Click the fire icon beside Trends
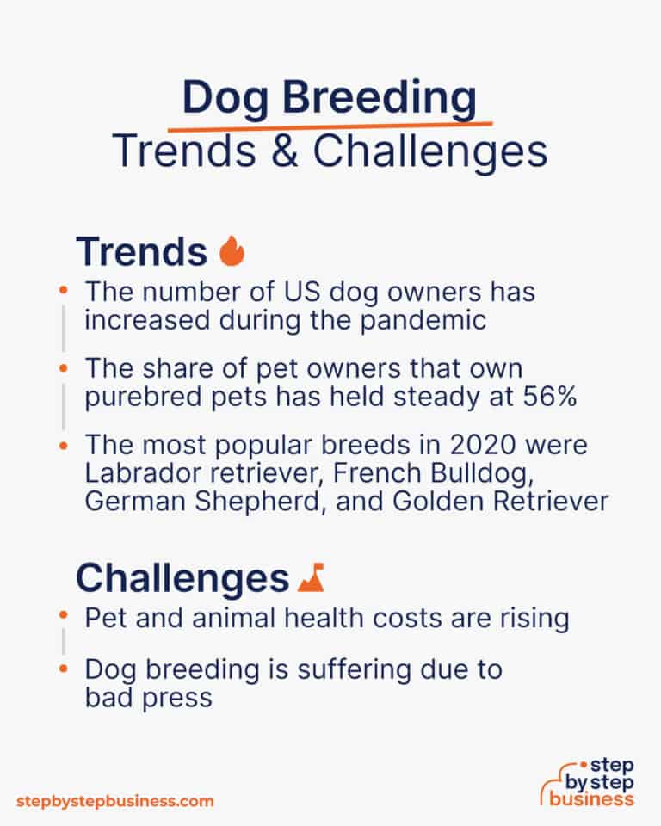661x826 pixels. pos(232,251)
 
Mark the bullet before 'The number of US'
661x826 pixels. pos(64,293)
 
